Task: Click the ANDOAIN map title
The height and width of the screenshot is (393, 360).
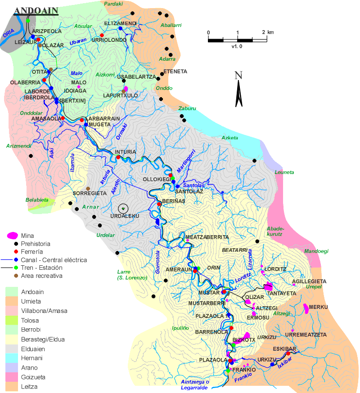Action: pos(36,11)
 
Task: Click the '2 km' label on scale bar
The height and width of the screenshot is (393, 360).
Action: pos(267,32)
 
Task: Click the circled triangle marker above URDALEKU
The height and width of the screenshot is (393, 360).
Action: pos(123,208)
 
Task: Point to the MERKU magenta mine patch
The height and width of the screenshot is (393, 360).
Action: pos(306,308)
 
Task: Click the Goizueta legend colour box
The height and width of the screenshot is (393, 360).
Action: pos(13,377)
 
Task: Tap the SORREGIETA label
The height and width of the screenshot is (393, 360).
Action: pos(90,193)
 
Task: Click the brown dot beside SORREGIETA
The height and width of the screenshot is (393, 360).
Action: pos(88,188)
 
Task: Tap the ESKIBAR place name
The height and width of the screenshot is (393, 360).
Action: pos(284,349)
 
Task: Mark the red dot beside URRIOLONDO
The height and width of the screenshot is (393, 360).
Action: pos(102,35)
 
